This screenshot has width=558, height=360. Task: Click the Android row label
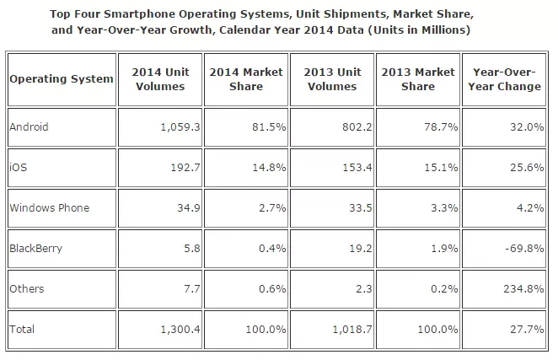point(30,127)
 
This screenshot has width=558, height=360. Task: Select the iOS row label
point(19,168)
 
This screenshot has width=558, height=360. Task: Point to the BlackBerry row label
point(35,249)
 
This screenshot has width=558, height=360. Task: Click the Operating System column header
point(62,78)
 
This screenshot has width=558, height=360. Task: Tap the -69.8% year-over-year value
point(521,249)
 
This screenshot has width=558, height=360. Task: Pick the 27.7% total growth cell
point(523,330)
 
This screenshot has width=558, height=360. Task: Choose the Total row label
point(23,330)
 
